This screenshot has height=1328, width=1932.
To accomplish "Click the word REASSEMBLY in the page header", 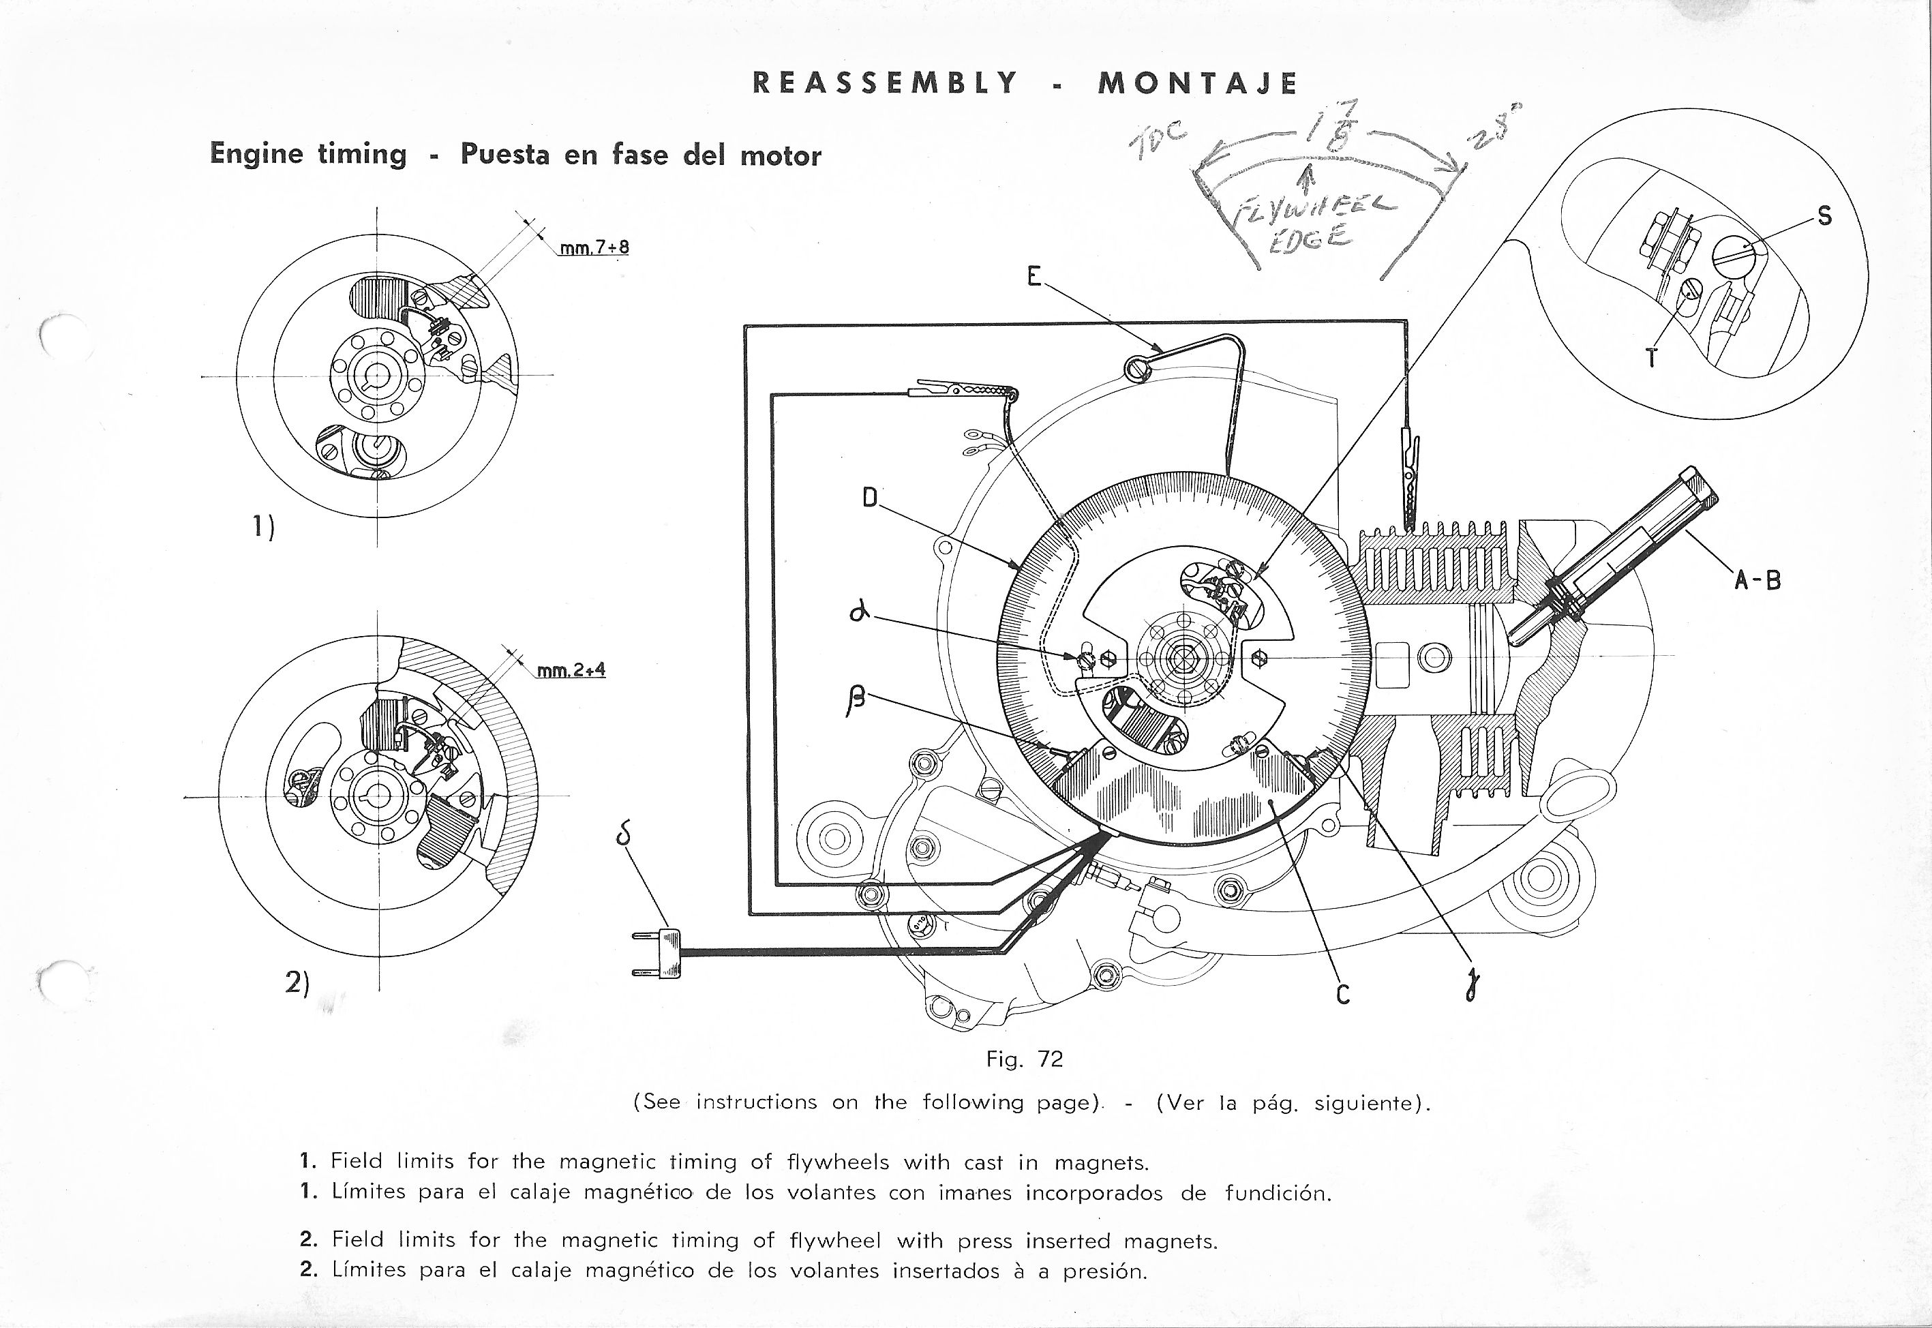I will (x=884, y=82).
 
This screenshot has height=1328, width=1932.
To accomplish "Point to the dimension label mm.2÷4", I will (x=571, y=670).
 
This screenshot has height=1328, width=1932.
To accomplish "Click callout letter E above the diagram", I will (x=1034, y=276).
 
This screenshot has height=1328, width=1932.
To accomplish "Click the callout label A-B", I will (x=1757, y=580).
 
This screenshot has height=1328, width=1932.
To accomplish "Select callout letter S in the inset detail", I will (x=1825, y=216).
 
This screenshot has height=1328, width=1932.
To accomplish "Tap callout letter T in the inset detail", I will (x=1652, y=358).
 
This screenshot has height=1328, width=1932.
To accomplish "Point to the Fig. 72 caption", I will (x=1024, y=1059).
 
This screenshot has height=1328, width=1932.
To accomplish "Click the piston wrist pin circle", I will (x=1434, y=658).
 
